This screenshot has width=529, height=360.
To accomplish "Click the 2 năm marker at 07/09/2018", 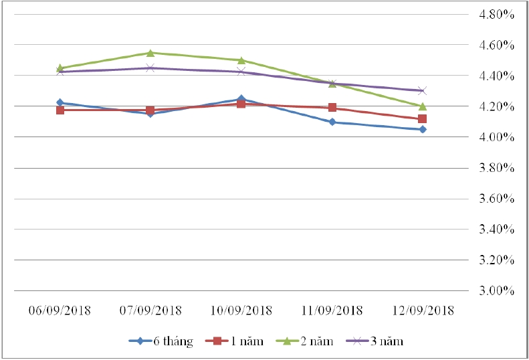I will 150,53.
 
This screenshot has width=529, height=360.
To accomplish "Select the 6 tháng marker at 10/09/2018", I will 241,99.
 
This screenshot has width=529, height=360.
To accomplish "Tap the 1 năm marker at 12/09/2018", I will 422,118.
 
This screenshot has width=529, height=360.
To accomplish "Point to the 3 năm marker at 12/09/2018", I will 422,90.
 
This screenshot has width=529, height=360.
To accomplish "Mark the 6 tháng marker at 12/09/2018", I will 422,129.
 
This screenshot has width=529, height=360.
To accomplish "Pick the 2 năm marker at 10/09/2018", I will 241,60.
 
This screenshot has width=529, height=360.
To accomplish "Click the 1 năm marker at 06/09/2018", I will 60,110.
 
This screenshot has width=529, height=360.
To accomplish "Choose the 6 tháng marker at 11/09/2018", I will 332,122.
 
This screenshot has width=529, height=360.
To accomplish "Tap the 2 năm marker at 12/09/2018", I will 422,106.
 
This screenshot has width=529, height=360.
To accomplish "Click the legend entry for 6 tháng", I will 161,341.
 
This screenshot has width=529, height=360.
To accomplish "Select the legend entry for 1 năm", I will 237,341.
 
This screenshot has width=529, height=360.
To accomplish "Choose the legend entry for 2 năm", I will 306,341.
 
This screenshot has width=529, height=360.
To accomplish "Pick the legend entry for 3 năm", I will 376,341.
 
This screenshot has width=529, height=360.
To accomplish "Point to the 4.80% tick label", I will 494,15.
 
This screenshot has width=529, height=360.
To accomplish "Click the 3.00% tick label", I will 494,291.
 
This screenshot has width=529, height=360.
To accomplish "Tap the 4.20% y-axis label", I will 494,107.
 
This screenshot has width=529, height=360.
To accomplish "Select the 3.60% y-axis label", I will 494,199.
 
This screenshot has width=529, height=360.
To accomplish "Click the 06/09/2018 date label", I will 60,311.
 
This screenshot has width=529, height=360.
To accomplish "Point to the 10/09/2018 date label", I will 241,311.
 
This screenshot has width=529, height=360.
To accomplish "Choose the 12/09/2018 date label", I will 422,311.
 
